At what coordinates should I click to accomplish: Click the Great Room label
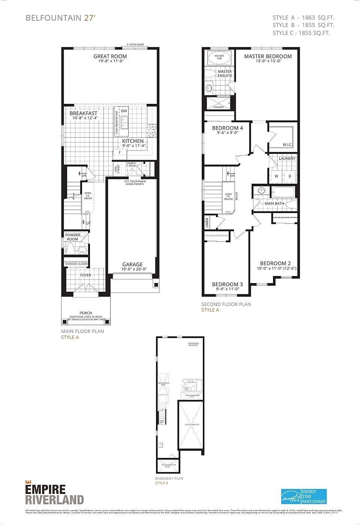[x=110, y=57]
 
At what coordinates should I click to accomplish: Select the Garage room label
[x=132, y=264]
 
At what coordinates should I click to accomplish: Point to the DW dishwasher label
[x=124, y=111]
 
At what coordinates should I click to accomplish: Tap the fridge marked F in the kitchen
[x=120, y=153]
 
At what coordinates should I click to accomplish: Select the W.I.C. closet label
[x=287, y=145]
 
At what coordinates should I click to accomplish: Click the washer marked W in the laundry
[x=276, y=176]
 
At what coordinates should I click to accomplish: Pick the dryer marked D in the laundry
[x=289, y=176]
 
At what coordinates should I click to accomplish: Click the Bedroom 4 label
[x=227, y=128]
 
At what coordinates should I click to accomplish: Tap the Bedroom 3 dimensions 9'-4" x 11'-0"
[x=228, y=289]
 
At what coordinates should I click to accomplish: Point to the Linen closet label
[x=207, y=223]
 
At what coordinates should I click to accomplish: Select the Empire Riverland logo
[x=54, y=494]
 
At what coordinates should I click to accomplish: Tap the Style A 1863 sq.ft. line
[x=303, y=17]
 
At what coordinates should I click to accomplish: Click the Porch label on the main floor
[x=85, y=313]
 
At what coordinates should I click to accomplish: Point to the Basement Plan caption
[x=169, y=478]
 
